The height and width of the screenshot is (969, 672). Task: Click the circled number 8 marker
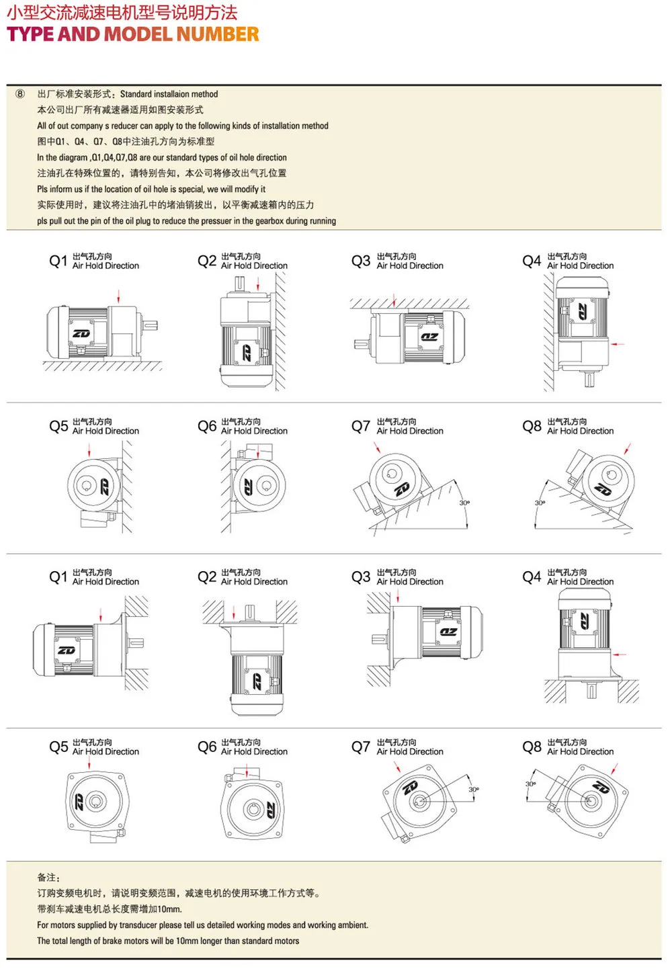pos(20,94)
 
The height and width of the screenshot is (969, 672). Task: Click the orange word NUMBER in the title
pos(218,34)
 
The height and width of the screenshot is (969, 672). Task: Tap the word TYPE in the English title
pos(30,34)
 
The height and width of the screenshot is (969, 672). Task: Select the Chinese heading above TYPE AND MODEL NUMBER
pos(122,13)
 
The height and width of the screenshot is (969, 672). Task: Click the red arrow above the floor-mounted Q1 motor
pos(118,296)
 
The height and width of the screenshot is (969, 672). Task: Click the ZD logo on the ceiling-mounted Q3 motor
pos(429,337)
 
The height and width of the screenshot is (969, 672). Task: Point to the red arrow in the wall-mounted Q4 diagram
pos(618,344)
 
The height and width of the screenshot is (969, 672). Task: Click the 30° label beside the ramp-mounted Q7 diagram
pos(464,503)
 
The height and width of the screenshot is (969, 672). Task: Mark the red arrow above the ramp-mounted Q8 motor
pos(628,449)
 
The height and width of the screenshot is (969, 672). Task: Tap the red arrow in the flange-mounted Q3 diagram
pos(398,597)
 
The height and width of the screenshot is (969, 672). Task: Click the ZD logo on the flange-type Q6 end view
pos(270,809)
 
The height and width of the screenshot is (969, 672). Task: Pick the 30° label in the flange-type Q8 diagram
pos(530,784)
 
